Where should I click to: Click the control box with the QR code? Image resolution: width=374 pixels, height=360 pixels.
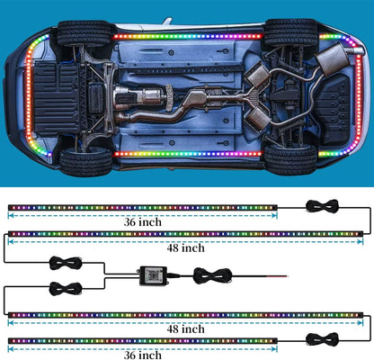154,275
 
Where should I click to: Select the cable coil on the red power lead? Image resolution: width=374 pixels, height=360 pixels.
213,275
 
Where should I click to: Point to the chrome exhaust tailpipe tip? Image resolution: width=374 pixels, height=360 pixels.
353,50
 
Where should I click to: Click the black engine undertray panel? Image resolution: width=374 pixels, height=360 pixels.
57,98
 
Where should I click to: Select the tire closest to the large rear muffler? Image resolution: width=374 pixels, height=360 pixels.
290,32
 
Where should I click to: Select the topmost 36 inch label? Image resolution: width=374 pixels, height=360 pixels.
143,222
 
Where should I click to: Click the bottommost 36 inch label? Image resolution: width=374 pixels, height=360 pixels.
143,355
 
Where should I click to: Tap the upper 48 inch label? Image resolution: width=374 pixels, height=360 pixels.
186,248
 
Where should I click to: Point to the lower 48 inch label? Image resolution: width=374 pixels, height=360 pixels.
186,329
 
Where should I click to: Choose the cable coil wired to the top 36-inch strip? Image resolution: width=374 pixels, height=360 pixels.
322,206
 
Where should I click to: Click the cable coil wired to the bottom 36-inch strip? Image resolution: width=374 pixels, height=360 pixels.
322,339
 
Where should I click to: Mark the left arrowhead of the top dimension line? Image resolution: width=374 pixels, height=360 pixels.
10,215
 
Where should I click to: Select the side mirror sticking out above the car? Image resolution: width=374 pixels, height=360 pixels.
167,22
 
